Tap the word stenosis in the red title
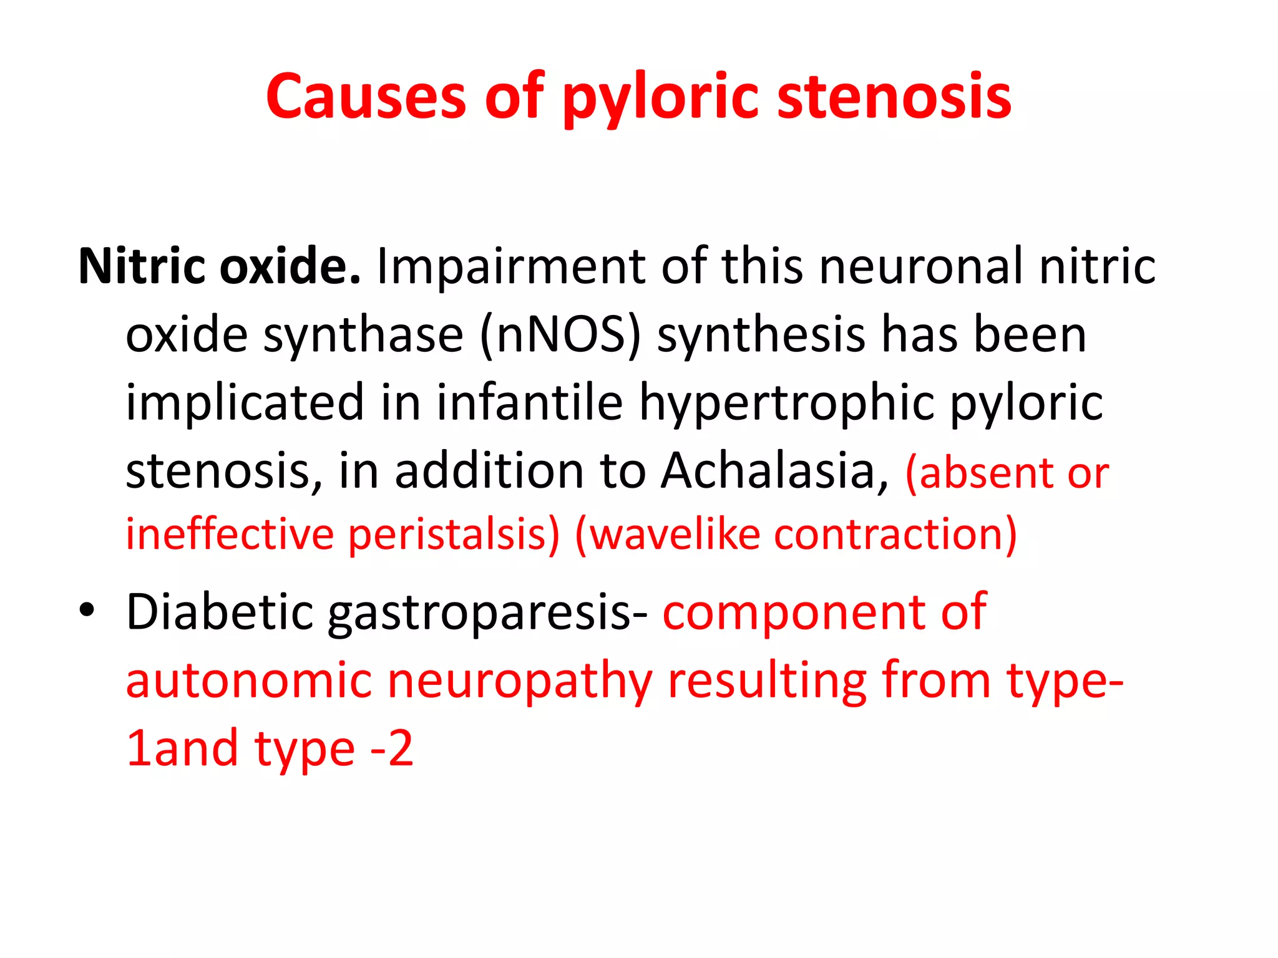pyautogui.click(x=894, y=97)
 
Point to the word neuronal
pyautogui.click(x=921, y=266)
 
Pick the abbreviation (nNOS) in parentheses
pyautogui.click(x=560, y=335)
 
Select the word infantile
pyautogui.click(x=529, y=402)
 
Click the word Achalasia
pyautogui.click(x=774, y=471)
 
